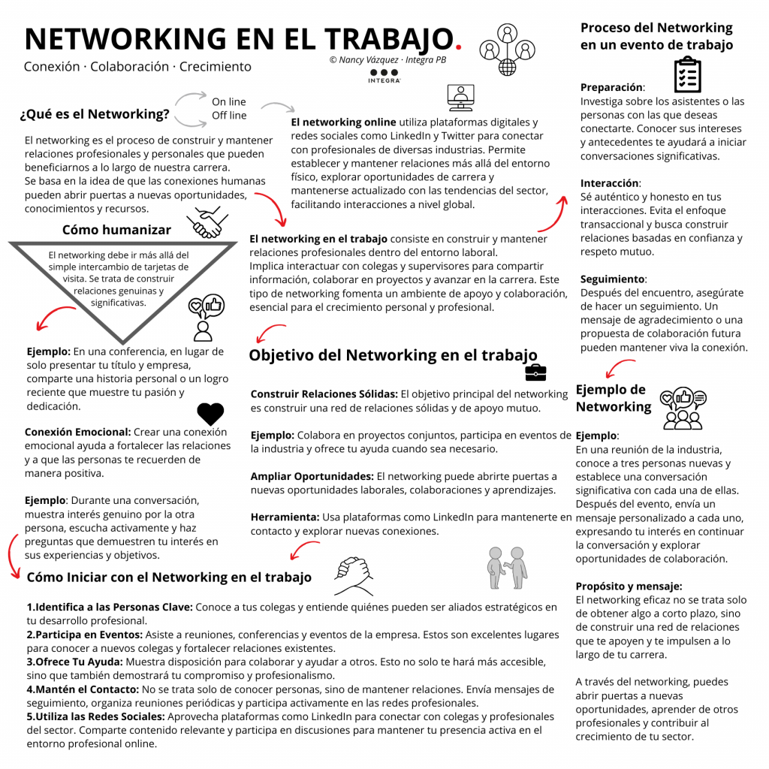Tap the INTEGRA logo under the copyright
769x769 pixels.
click(x=384, y=74)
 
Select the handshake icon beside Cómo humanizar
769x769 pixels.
click(x=208, y=222)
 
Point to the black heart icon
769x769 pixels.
click(x=210, y=414)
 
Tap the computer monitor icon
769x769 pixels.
click(x=460, y=97)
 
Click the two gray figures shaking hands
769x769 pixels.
click(x=507, y=566)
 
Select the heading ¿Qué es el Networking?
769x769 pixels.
click(x=95, y=115)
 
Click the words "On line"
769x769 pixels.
click(x=229, y=102)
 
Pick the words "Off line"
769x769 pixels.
click(x=229, y=116)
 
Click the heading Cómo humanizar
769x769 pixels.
click(x=116, y=230)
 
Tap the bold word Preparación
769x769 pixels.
click(x=611, y=88)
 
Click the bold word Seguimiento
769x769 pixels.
click(x=612, y=279)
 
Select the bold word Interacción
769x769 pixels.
click(x=609, y=183)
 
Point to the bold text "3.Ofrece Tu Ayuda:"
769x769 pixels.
click(x=75, y=662)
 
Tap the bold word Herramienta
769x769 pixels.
click(x=285, y=517)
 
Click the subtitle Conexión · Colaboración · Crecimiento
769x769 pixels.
click(x=137, y=67)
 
